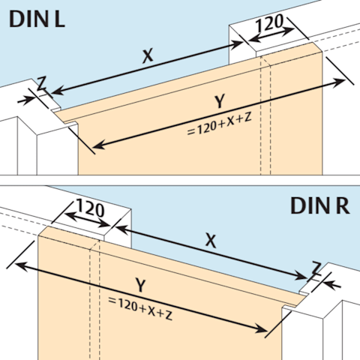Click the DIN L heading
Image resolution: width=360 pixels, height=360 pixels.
click(37, 19)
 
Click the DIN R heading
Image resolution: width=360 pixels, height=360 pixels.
click(320, 205)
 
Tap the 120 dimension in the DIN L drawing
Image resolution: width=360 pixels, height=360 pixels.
click(269, 23)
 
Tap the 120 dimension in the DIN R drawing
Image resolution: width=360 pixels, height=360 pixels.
click(90, 208)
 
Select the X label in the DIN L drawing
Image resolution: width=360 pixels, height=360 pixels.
click(148, 56)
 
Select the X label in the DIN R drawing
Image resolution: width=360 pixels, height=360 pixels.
click(211, 241)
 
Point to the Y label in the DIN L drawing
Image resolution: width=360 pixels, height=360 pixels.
click(220, 101)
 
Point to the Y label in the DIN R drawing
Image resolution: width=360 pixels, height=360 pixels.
click(140, 285)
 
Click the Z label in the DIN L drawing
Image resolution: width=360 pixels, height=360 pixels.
click(41, 84)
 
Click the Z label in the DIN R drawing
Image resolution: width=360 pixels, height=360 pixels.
click(316, 268)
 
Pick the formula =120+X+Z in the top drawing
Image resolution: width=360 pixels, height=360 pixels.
click(219, 124)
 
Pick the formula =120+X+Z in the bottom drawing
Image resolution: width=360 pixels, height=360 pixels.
click(140, 308)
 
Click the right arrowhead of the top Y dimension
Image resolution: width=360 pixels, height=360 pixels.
click(340, 82)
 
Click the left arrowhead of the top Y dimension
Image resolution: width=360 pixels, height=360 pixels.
click(98, 145)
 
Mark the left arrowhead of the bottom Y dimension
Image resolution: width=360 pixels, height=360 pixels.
click(21, 266)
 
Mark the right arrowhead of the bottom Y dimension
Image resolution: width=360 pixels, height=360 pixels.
click(262, 329)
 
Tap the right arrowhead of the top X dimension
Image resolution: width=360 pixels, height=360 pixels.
click(237, 44)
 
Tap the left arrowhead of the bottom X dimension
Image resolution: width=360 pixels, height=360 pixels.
click(122, 229)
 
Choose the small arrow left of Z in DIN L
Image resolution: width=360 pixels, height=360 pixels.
click(26, 100)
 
